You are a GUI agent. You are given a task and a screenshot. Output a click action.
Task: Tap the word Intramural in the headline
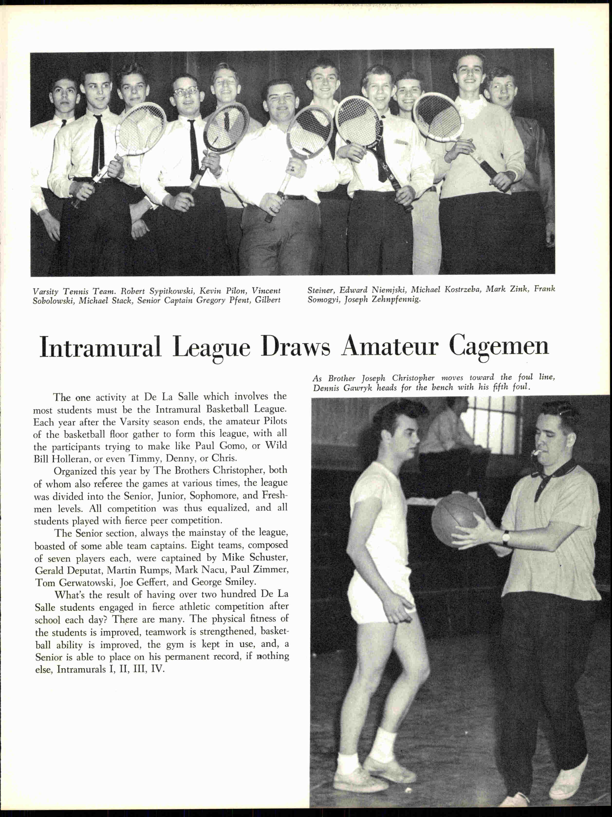pos(101,346)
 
